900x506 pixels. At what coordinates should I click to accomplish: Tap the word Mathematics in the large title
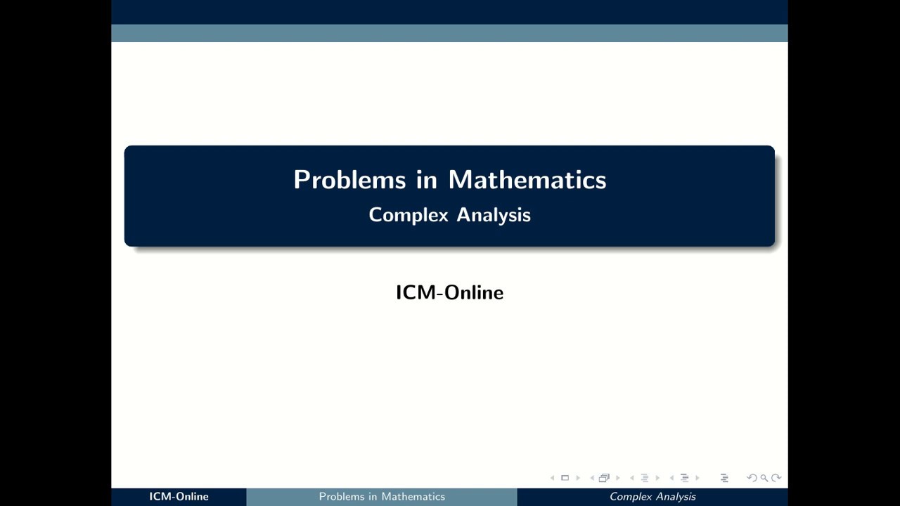[x=527, y=180]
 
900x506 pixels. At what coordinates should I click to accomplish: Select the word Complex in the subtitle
[x=409, y=215]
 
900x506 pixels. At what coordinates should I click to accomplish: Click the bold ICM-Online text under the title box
[x=449, y=292]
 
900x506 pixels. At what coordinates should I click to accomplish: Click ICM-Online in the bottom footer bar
[x=179, y=497]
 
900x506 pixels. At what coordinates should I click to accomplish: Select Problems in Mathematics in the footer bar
[x=382, y=497]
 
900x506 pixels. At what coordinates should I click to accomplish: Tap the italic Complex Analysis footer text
[x=652, y=497]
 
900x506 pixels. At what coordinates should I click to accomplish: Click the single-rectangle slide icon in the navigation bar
[x=565, y=478]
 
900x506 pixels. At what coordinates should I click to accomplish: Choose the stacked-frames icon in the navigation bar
[x=603, y=478]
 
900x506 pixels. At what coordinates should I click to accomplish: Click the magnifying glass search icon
[x=764, y=478]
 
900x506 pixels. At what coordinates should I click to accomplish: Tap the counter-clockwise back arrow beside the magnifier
[x=752, y=478]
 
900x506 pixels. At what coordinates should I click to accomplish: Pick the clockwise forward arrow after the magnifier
[x=776, y=478]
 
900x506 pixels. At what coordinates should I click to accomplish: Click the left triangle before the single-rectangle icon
[x=552, y=478]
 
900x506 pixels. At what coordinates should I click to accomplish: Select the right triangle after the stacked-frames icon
[x=617, y=478]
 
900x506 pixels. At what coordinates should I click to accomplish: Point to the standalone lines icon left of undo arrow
[x=724, y=478]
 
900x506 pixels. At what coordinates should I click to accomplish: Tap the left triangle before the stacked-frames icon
[x=592, y=478]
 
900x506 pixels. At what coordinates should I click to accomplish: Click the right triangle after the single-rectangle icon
[x=578, y=478]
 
